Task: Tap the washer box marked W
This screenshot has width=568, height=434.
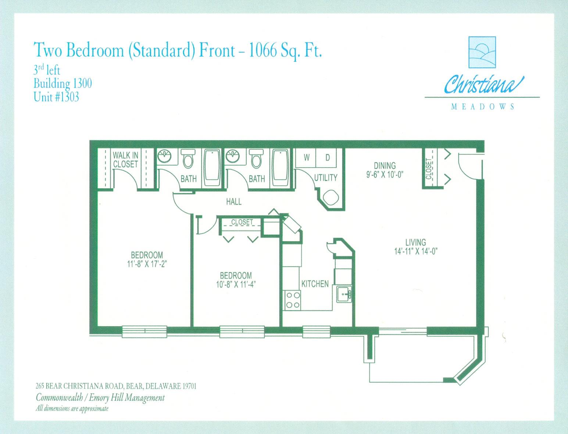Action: click(306, 157)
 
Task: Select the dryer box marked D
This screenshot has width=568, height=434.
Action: click(327, 157)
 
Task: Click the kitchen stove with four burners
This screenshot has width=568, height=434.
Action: click(292, 299)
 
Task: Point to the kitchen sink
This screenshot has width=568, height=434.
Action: click(344, 294)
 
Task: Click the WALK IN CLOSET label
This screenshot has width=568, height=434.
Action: click(125, 160)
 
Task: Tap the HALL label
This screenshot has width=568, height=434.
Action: click(234, 202)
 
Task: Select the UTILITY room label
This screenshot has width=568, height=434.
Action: click(325, 178)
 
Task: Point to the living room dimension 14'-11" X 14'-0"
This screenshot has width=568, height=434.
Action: click(416, 252)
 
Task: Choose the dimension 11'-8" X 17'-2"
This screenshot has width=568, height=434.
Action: click(147, 264)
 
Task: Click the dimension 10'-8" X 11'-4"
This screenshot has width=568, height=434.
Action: click(236, 284)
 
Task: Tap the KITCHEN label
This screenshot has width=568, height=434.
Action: click(315, 284)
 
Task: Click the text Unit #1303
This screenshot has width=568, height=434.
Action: click(56, 97)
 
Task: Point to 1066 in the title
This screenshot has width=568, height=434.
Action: click(263, 51)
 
